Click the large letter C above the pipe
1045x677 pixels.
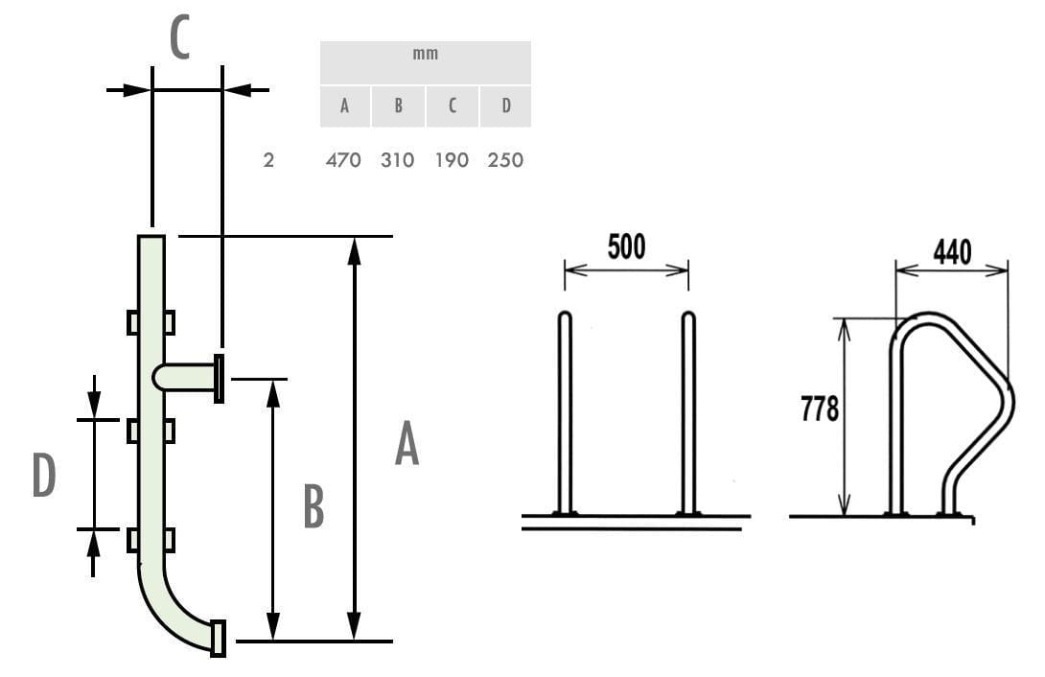point(180,38)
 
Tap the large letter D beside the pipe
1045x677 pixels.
point(44,475)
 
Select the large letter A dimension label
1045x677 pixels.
point(406,443)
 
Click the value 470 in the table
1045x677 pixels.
point(343,160)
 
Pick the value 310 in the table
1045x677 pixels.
point(397,160)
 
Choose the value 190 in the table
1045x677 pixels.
point(452,160)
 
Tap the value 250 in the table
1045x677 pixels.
point(505,160)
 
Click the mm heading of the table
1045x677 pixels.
point(426,54)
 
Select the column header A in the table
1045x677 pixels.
point(344,105)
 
